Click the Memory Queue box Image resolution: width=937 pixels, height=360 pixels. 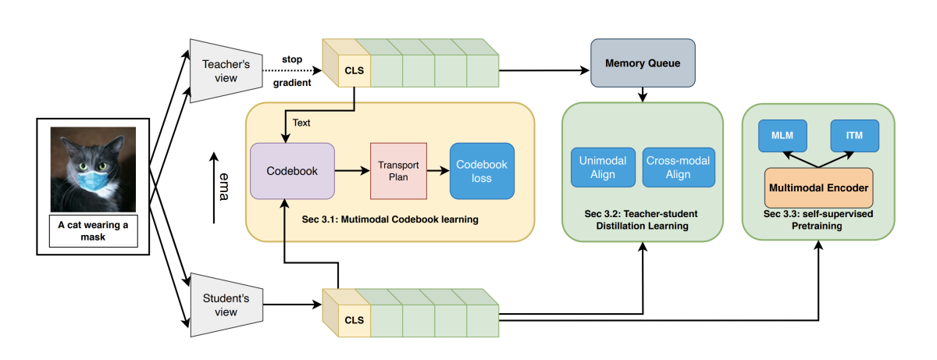click(x=641, y=62)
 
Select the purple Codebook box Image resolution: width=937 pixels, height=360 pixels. click(x=292, y=170)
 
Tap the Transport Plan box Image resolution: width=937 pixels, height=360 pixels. click(x=398, y=170)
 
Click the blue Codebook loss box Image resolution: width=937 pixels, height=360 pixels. click(x=482, y=170)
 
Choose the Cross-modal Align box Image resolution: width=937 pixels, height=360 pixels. click(x=678, y=167)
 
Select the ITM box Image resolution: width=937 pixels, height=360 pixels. click(x=855, y=135)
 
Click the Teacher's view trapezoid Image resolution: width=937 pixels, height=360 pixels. click(x=225, y=71)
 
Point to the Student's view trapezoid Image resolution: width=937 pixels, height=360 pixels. click(x=225, y=305)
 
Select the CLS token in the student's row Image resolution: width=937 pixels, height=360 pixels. click(x=354, y=319)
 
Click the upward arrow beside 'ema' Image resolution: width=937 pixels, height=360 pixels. click(x=212, y=188)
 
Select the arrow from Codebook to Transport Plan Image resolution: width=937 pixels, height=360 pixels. click(x=352, y=170)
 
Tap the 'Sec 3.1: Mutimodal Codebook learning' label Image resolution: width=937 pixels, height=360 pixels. click(x=390, y=219)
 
